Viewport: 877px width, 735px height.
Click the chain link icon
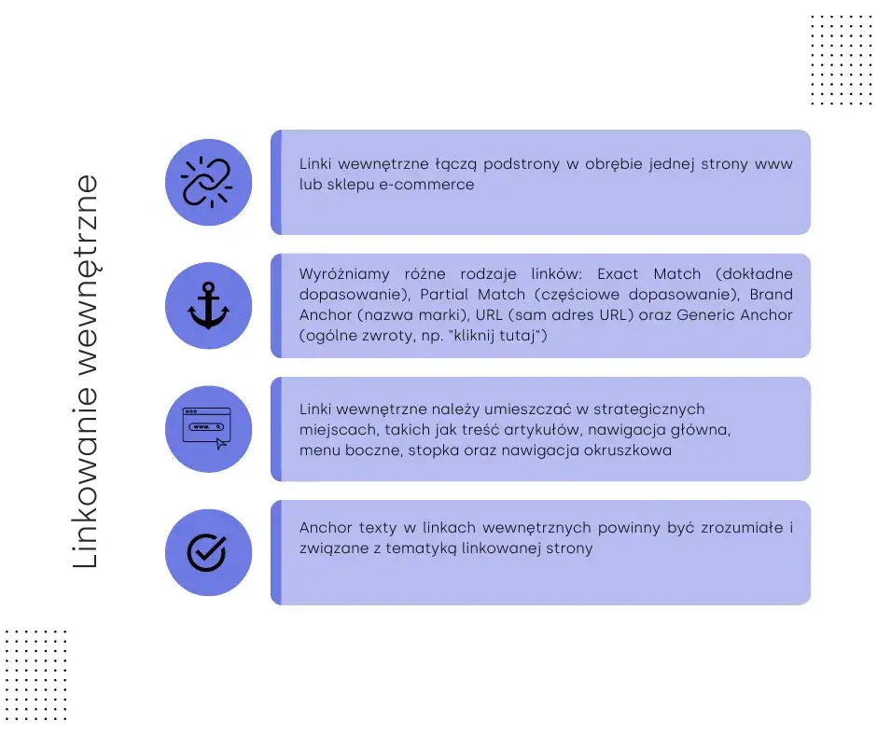tap(207, 183)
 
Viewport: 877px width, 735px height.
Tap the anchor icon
tap(208, 305)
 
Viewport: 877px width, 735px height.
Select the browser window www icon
tap(206, 428)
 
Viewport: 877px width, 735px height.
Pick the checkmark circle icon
tap(207, 552)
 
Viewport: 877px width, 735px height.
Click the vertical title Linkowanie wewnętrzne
tap(86, 372)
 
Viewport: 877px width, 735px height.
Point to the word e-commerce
tap(426, 184)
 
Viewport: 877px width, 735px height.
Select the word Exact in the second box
tap(618, 273)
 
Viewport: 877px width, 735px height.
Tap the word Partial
tap(445, 294)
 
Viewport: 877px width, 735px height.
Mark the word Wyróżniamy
tap(344, 274)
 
